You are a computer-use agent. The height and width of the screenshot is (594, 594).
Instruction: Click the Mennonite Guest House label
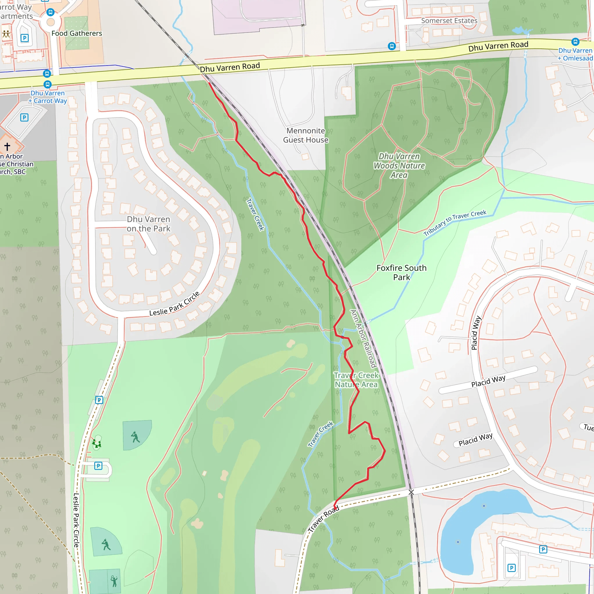[x=305, y=135]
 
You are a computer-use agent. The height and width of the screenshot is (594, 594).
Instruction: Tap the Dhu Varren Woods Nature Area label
[x=399, y=166]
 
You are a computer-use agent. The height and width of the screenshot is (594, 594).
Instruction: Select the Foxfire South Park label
[x=401, y=272]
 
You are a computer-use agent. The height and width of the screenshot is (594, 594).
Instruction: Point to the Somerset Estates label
[x=449, y=21]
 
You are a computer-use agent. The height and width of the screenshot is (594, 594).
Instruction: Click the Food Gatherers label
[x=77, y=33]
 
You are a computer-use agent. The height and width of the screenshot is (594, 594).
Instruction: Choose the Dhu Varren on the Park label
[x=148, y=224]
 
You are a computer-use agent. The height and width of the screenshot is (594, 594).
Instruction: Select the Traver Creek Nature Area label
[x=356, y=380]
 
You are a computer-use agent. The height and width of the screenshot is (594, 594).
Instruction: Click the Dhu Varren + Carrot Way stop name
[x=48, y=97]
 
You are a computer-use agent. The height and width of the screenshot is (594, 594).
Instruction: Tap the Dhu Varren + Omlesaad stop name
[x=575, y=55]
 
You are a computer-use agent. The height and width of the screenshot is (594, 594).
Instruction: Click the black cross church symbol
[x=7, y=146]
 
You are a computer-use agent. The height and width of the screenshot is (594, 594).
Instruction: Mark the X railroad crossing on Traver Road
[x=411, y=492]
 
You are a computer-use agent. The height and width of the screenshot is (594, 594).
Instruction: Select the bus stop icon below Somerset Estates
[x=391, y=46]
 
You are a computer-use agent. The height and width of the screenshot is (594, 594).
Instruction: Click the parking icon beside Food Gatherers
[x=25, y=38]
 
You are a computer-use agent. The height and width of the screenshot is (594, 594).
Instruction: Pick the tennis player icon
[x=114, y=581]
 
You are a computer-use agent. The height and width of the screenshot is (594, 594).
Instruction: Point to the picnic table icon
[x=6, y=34]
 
